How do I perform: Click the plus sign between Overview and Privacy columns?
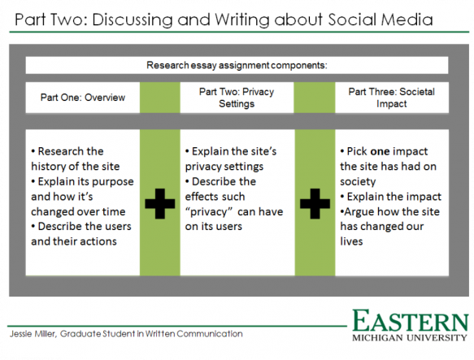[160, 204]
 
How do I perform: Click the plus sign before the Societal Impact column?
[315, 204]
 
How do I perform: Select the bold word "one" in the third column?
[380, 151]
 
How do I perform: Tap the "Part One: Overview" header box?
[83, 98]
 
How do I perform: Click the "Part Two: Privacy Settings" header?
[237, 98]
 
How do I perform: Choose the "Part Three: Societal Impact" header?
[392, 98]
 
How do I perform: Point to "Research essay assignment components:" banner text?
[237, 65]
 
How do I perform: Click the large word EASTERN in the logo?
[411, 321]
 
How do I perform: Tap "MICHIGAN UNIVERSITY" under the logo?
[410, 337]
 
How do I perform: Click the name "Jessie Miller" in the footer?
[33, 334]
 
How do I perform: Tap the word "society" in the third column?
[358, 182]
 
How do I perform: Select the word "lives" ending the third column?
[351, 241]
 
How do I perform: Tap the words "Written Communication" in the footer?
[194, 334]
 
